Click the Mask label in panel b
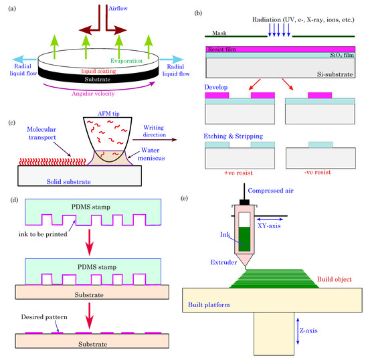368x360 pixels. click(x=220, y=32)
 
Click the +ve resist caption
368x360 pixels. click(x=245, y=171)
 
